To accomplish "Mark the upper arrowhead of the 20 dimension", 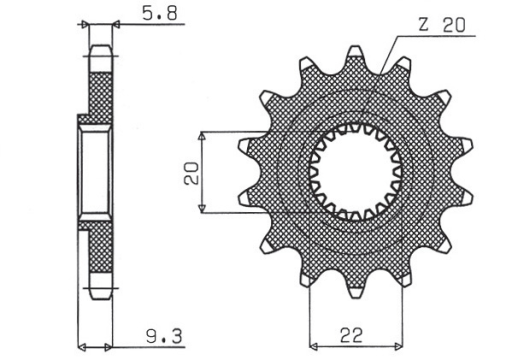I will point(202,134).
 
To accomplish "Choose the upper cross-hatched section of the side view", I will point(99,95).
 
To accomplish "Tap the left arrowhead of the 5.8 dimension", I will point(87,23).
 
